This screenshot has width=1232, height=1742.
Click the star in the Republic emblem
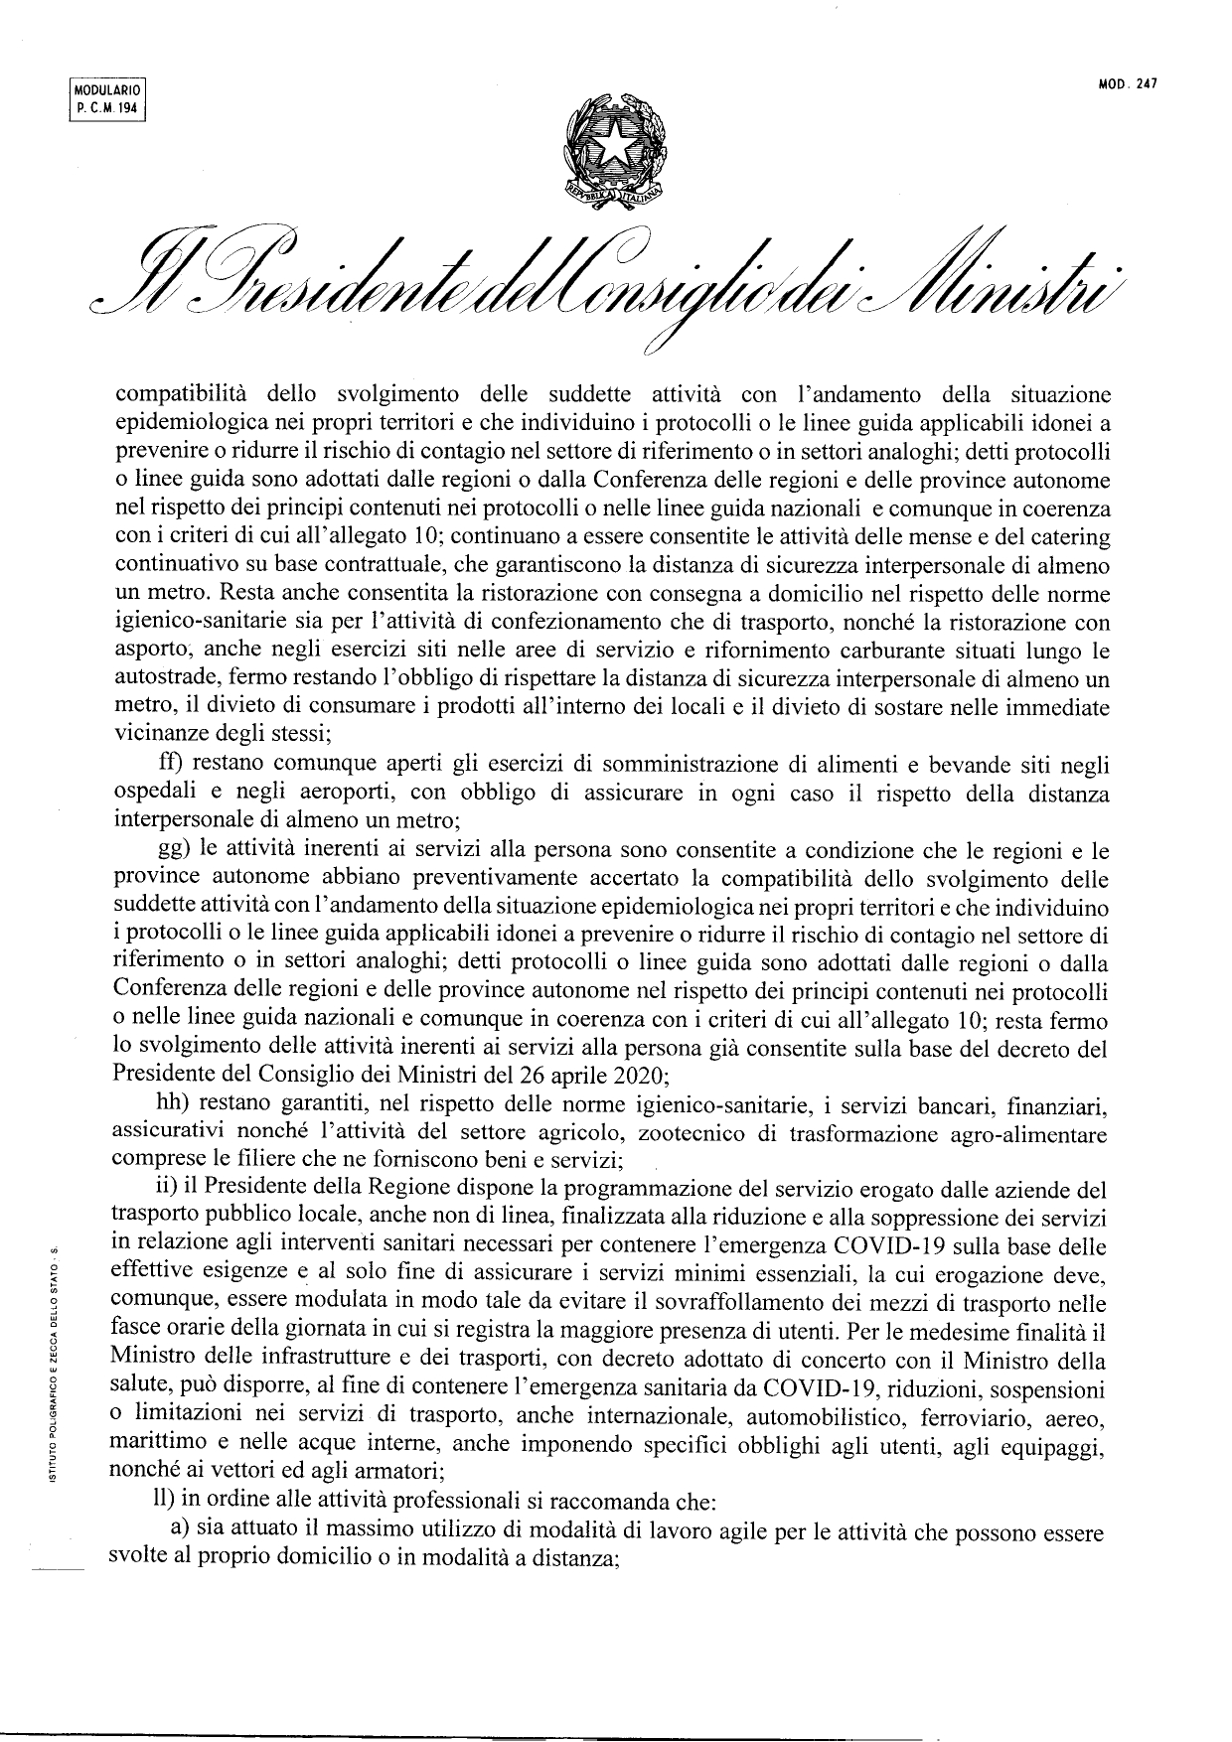(x=614, y=149)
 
